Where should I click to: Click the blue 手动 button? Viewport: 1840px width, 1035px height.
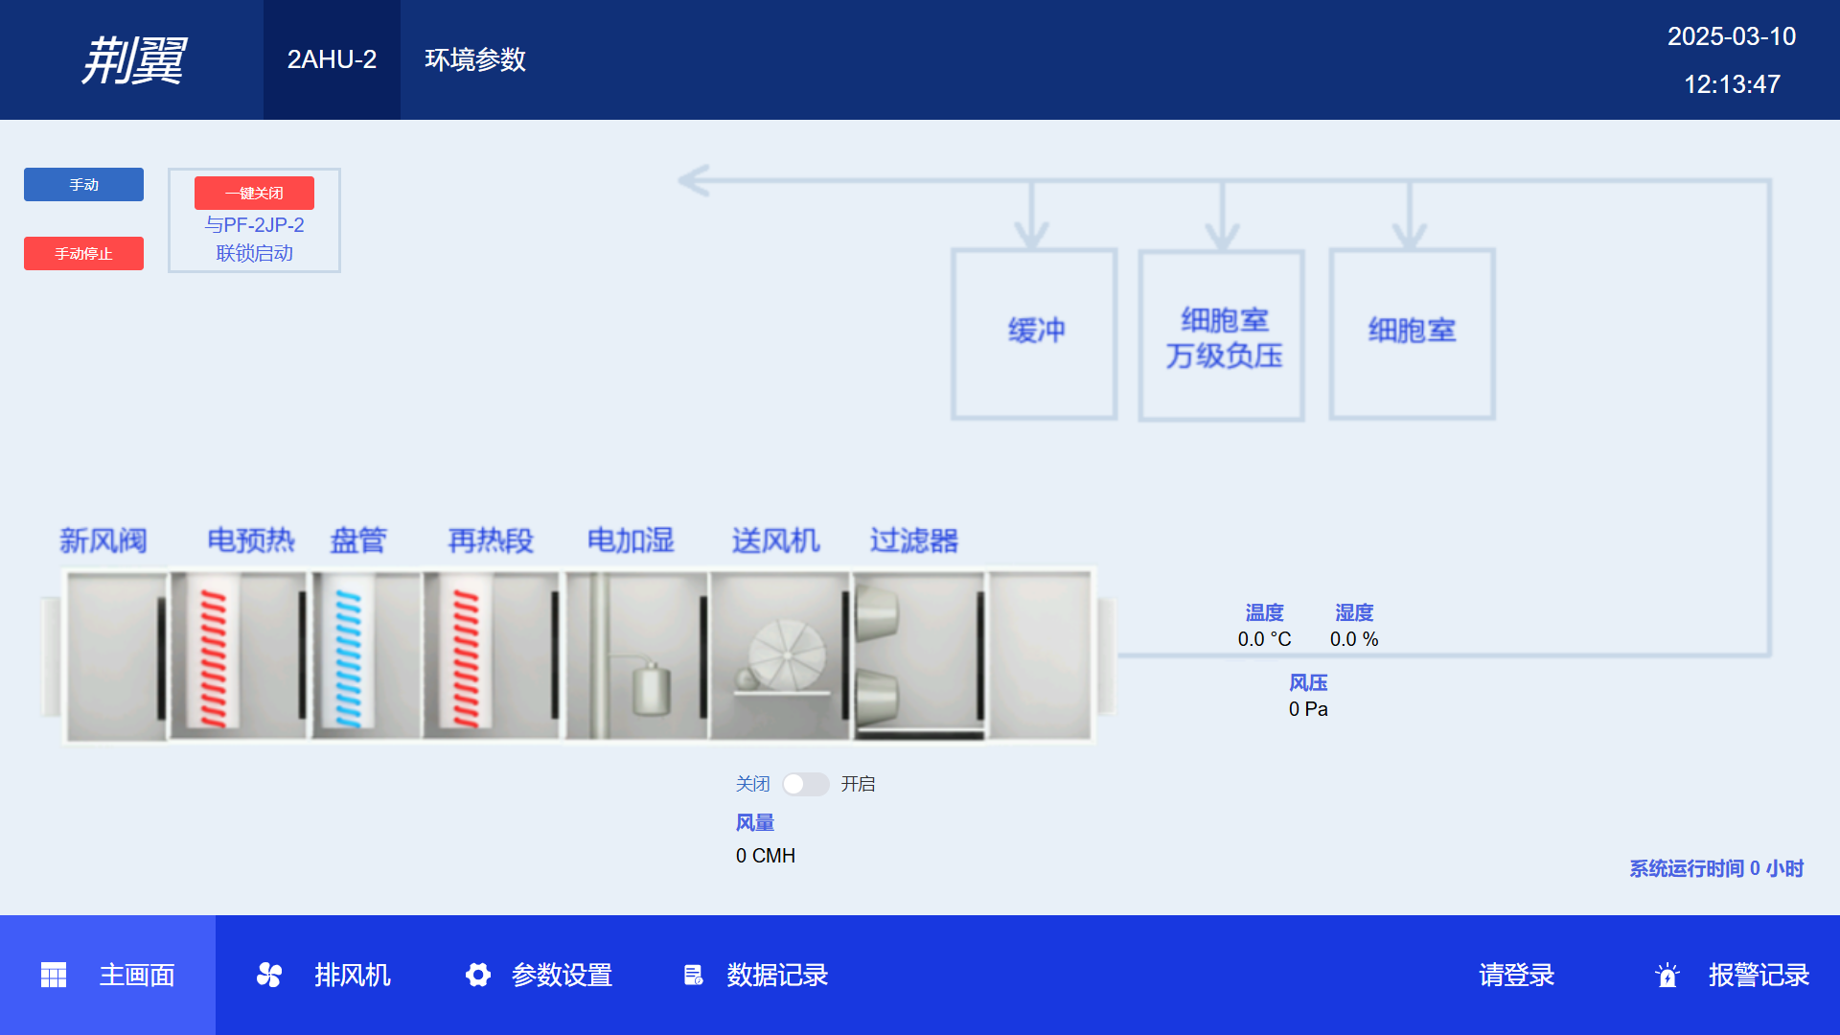click(83, 184)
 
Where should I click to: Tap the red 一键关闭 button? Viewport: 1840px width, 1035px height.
click(254, 193)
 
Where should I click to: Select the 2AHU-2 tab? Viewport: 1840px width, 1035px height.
click(332, 59)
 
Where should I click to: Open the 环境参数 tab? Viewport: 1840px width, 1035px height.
click(475, 59)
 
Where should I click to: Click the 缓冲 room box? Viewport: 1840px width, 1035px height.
click(1034, 333)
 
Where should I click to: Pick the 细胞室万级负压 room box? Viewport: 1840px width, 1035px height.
click(1222, 335)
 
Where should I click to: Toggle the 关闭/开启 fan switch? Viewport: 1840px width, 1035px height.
click(805, 784)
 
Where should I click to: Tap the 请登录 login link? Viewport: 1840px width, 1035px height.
click(1516, 975)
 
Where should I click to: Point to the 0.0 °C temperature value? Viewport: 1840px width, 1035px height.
click(1264, 639)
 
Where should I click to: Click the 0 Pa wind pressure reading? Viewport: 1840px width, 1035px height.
click(1308, 709)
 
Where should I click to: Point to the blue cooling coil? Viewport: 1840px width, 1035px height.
click(349, 657)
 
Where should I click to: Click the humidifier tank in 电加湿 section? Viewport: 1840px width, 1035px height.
click(651, 688)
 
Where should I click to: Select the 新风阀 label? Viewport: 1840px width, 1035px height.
click(103, 540)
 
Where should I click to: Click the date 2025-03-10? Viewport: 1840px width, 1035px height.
click(1731, 36)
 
